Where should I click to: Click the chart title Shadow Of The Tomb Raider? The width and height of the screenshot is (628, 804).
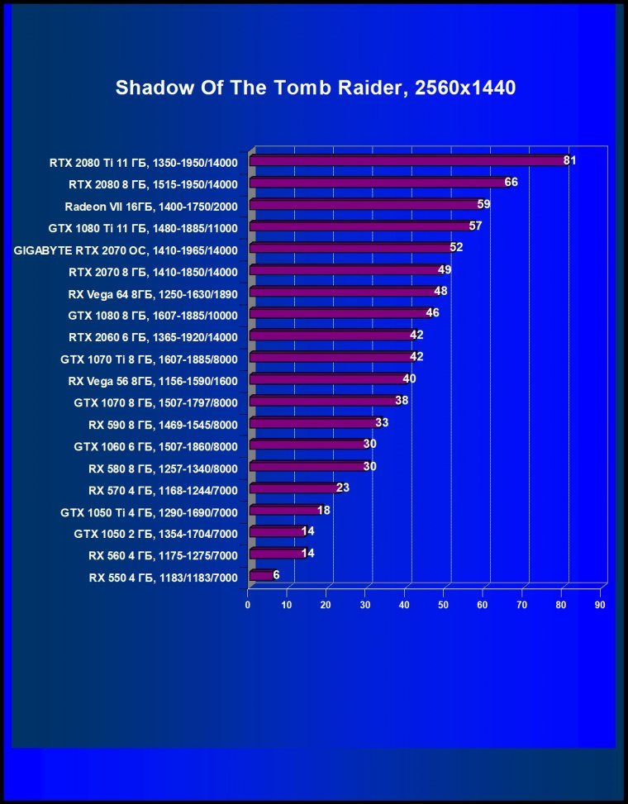click(315, 88)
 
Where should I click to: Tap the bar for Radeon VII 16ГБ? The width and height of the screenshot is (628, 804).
click(364, 205)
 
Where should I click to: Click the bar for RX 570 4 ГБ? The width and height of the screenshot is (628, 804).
click(294, 488)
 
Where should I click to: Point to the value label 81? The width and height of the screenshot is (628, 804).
click(569, 160)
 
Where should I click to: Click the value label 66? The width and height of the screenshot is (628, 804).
click(511, 182)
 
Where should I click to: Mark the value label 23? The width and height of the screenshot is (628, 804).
click(343, 488)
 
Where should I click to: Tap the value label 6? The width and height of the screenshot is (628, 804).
click(276, 574)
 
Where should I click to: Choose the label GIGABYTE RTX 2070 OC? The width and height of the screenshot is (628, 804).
click(126, 250)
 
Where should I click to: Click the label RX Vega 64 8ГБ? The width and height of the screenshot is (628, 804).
click(153, 293)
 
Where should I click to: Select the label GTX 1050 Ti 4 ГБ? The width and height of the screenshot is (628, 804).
click(149, 512)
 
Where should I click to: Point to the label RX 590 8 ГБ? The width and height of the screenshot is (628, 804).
click(163, 425)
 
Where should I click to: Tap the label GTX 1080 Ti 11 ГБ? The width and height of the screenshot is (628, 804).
click(143, 228)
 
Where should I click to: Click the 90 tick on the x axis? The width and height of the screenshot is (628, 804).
click(600, 606)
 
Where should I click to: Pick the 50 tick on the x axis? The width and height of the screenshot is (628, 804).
click(444, 606)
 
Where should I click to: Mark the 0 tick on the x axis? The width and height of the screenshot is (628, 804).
click(248, 606)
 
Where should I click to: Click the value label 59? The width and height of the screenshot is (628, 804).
click(483, 203)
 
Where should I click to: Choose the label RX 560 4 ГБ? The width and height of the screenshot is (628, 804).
click(163, 556)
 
